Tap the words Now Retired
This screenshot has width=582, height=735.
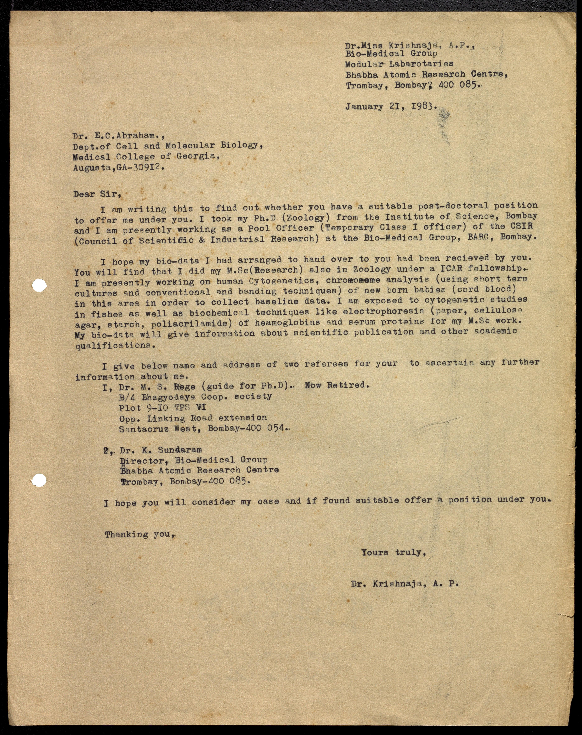click(x=337, y=385)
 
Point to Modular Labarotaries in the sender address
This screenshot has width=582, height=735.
click(x=399, y=64)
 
